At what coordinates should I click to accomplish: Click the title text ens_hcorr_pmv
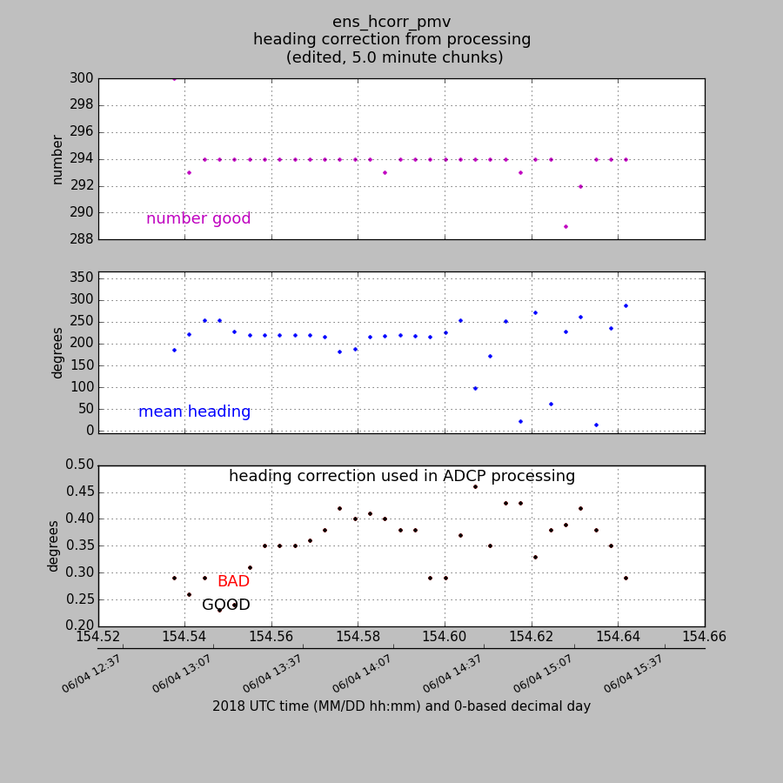(391, 22)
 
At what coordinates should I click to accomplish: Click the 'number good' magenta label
(198, 219)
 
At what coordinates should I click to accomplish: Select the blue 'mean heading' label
(194, 412)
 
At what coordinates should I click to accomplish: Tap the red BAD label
(233, 582)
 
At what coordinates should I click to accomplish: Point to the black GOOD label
(226, 606)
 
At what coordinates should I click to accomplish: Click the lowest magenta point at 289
(565, 226)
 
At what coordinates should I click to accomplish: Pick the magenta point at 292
(580, 186)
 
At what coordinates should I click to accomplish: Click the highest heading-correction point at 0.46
(475, 486)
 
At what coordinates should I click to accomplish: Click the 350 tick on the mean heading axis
(81, 278)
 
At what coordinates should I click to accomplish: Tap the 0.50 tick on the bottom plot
(79, 465)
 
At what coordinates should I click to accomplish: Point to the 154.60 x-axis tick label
(445, 637)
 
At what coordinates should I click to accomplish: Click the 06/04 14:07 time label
(362, 674)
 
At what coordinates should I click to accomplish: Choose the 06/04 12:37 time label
(91, 674)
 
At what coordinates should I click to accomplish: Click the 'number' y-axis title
(58, 159)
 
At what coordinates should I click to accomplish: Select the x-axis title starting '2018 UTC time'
(401, 706)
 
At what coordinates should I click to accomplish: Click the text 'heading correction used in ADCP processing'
(402, 477)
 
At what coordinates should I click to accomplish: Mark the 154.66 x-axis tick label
(705, 637)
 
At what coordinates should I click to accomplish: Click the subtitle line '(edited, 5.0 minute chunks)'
(394, 57)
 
